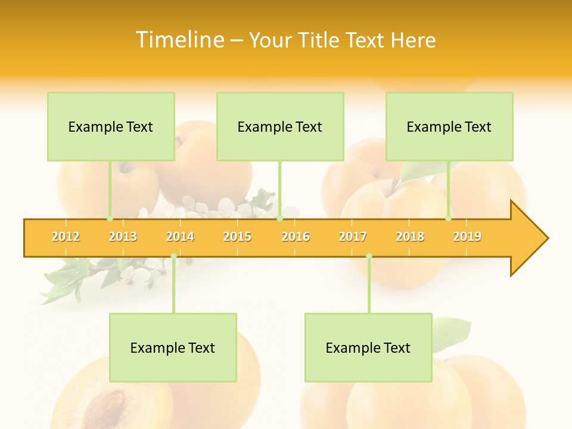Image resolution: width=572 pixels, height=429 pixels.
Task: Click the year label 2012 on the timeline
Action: click(x=66, y=237)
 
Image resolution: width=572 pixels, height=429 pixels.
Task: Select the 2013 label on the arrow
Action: click(x=123, y=237)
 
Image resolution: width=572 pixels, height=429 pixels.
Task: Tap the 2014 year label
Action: click(x=180, y=237)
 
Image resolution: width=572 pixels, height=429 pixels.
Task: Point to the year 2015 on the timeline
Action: click(x=237, y=237)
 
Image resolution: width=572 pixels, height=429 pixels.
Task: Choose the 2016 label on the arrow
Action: click(x=296, y=237)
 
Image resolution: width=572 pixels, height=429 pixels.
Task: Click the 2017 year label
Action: click(x=353, y=237)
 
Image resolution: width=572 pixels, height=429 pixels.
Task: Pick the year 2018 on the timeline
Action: click(x=410, y=237)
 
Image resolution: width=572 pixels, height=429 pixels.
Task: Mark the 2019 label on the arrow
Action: click(x=467, y=237)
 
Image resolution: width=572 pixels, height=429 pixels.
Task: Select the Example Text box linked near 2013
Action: click(x=111, y=127)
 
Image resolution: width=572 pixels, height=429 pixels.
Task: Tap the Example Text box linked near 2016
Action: click(x=280, y=127)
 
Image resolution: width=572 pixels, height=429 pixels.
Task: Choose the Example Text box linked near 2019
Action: click(x=449, y=127)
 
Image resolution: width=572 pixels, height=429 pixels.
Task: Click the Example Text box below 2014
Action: click(x=173, y=348)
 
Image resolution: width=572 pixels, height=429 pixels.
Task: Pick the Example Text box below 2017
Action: click(x=368, y=348)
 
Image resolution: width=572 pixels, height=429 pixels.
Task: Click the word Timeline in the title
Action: click(x=179, y=40)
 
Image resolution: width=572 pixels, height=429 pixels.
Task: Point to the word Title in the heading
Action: click(x=324, y=40)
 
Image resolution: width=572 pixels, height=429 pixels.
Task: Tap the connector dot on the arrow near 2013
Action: click(x=110, y=219)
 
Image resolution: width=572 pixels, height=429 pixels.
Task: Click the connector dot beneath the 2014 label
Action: click(x=173, y=256)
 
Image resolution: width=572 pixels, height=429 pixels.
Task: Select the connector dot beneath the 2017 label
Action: click(x=369, y=256)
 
